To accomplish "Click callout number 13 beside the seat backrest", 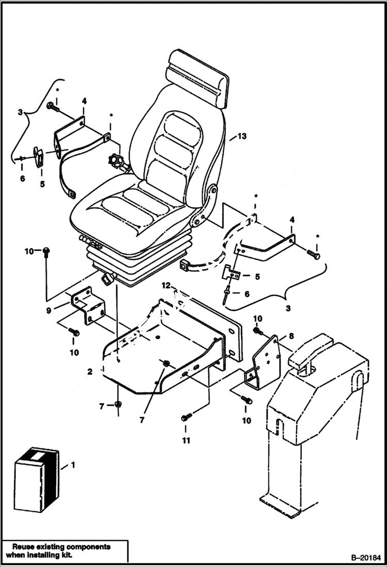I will tap(241, 136).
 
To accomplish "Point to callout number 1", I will tap(73, 465).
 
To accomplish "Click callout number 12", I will tap(165, 285).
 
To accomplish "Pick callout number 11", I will tap(185, 440).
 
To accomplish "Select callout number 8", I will tap(291, 335).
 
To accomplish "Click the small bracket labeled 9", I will tap(87, 308).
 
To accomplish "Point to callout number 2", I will tap(90, 372).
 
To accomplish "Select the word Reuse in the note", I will tap(23, 546).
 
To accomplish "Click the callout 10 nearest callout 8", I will tap(258, 317).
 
